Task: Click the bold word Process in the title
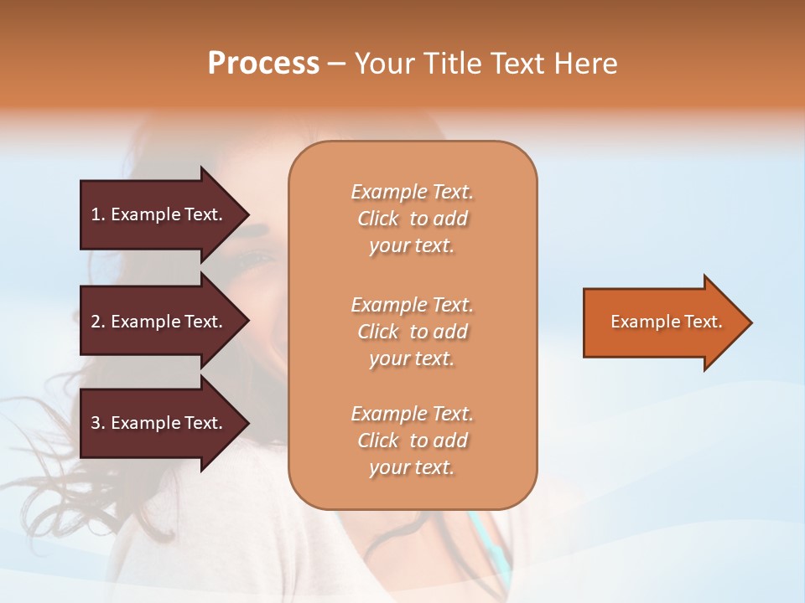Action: [x=263, y=64]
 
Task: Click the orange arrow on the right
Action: [x=662, y=322]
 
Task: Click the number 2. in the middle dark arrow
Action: [x=98, y=322]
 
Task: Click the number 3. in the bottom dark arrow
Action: [x=98, y=423]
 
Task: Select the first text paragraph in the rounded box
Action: [x=412, y=219]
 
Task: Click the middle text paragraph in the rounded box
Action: [x=412, y=332]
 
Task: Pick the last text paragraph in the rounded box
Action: [x=412, y=441]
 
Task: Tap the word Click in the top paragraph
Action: [x=377, y=219]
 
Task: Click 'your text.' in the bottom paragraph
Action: [x=412, y=467]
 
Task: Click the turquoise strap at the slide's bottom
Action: [x=486, y=544]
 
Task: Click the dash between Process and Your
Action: [x=335, y=64]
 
